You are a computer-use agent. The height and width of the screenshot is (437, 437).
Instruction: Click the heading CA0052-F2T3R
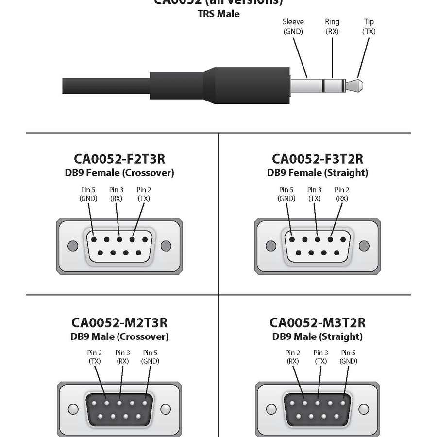[119, 159]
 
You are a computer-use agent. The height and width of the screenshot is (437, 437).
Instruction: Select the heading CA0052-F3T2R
[317, 159]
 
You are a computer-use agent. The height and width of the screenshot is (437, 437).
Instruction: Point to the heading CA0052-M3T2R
[317, 323]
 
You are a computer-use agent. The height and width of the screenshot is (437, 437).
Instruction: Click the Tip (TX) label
[369, 27]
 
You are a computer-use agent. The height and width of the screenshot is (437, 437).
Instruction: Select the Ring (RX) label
[332, 27]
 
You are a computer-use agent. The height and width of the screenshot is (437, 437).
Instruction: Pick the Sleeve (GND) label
[293, 27]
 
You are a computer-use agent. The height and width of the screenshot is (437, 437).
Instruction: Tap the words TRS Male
[218, 14]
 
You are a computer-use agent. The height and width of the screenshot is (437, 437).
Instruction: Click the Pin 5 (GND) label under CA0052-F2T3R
[88, 194]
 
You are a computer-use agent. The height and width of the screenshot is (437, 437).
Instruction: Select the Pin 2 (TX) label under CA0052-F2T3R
[144, 194]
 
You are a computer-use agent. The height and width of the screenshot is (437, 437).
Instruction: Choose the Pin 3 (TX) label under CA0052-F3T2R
[314, 194]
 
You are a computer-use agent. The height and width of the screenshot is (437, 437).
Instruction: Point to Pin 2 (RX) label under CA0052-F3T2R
[342, 194]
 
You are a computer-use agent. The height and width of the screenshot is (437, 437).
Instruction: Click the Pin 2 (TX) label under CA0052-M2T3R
[94, 357]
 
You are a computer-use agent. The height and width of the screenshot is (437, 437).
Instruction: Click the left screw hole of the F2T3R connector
[72, 245]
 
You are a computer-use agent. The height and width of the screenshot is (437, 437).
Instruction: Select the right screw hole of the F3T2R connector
[364, 246]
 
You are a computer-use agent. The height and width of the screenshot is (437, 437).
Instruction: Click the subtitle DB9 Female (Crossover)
[119, 173]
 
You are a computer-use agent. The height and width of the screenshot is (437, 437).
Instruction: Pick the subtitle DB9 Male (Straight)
[317, 336]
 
